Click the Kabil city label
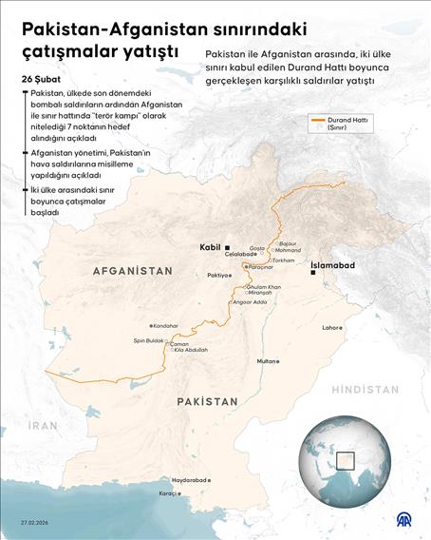(x=210, y=247)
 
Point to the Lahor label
(x=331, y=327)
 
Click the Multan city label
(x=267, y=361)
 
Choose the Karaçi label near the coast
(x=169, y=493)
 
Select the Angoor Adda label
(x=248, y=302)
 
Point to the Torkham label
(x=284, y=260)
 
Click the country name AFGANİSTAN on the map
(x=133, y=271)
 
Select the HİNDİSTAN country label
(x=365, y=390)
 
